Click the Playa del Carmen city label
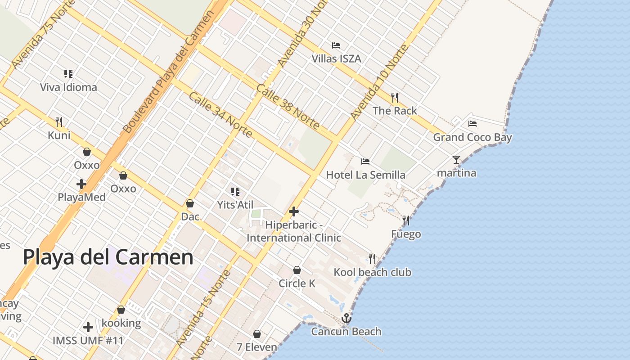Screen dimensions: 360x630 tap(108, 257)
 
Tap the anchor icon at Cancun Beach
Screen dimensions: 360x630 tap(346, 319)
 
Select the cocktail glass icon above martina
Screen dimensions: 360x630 tap(456, 159)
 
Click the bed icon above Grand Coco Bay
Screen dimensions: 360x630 tap(472, 123)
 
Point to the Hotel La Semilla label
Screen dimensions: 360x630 tap(365, 175)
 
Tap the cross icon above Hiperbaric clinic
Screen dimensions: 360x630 tap(294, 211)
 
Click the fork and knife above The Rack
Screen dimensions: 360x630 tap(395, 97)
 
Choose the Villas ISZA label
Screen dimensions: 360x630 tap(336, 58)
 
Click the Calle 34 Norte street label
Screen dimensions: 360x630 tap(220, 115)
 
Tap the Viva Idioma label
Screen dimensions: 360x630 tap(68, 87)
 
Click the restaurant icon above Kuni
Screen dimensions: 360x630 tap(59, 121)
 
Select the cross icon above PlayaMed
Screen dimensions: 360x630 tap(81, 184)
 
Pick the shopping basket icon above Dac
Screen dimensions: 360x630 tap(190, 203)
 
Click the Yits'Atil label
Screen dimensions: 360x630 tap(235, 205)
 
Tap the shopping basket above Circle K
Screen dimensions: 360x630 tap(297, 270)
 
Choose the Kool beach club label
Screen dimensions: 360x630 tap(372, 272)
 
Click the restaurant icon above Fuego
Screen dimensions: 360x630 tap(406, 220)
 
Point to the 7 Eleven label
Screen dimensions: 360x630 tap(257, 347)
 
